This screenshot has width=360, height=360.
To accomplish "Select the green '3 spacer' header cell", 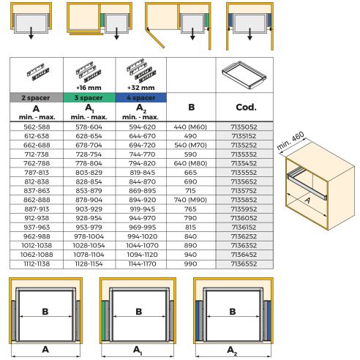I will pos(88,97).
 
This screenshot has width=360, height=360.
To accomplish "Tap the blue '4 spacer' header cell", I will pos(140,97).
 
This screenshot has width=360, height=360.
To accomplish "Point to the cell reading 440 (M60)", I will pos(191,126).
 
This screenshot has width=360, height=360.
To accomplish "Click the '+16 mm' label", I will pos(88,85).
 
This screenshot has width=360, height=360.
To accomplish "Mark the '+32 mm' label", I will pos(140,85).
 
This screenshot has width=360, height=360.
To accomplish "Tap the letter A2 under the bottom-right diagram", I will pos(232,350).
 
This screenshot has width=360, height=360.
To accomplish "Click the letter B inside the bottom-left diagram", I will pos(45,311).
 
